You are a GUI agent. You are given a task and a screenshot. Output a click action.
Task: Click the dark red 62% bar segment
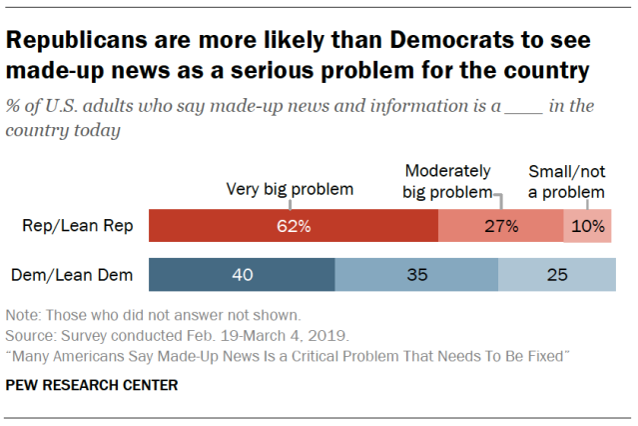(x=293, y=226)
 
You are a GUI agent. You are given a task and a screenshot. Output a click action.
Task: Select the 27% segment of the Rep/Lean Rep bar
(x=500, y=226)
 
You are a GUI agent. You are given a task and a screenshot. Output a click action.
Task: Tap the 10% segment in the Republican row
(x=588, y=226)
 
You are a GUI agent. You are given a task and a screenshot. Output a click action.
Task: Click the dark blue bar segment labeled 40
(x=242, y=274)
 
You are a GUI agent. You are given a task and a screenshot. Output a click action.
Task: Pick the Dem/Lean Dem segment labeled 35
(x=416, y=274)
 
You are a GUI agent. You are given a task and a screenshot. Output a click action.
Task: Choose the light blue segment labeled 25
(x=554, y=274)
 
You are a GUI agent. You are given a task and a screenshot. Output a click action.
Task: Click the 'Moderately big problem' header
(x=448, y=181)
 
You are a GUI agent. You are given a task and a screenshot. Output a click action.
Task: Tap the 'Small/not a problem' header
(x=565, y=181)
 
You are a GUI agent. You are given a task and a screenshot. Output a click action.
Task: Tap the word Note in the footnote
(x=21, y=314)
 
